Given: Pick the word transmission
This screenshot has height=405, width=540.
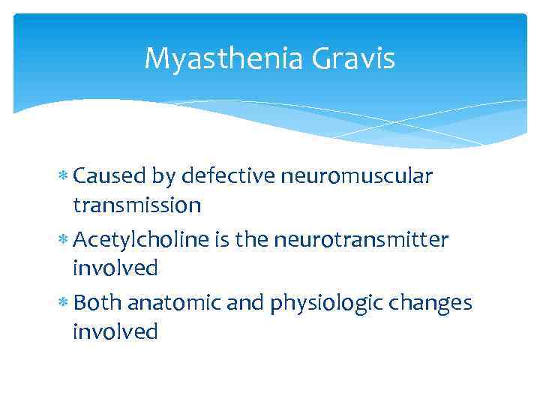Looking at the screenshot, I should tap(136, 205).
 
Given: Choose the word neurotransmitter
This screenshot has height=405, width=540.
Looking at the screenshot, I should tap(361, 240).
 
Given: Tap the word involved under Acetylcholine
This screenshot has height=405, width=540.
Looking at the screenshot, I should tap(115, 268).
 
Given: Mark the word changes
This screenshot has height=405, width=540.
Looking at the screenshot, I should tap(435, 303).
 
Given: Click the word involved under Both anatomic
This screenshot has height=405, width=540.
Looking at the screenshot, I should tap(115, 331).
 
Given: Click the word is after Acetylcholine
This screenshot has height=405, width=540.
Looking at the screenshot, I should tap(223, 240).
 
